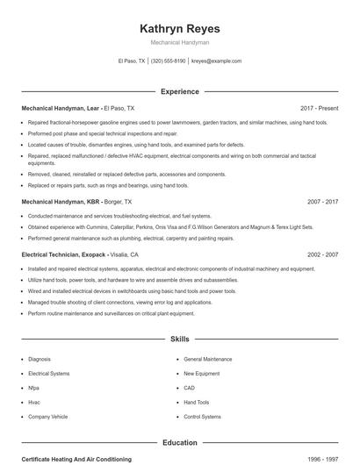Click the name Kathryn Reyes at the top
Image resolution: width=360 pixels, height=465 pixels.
(179, 29)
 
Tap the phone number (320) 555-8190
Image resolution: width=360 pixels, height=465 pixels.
(168, 61)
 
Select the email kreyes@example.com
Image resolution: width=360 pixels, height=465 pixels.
(216, 61)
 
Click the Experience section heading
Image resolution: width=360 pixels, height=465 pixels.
(179, 91)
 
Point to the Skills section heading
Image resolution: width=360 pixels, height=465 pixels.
(179, 339)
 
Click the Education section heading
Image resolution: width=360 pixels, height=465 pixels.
(179, 443)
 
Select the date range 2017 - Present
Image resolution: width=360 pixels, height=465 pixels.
(319, 109)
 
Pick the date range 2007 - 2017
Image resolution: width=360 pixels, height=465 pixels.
(322, 202)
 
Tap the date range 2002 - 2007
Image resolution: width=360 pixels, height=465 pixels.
(322, 254)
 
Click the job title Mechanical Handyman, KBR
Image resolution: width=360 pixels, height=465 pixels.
(52, 202)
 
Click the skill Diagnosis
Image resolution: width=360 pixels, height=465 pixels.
(40, 359)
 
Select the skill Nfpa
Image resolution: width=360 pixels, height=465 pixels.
(33, 388)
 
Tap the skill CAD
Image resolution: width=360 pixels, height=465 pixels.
(189, 388)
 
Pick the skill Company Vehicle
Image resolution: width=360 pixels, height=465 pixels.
(47, 417)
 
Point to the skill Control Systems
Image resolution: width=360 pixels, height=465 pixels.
(202, 417)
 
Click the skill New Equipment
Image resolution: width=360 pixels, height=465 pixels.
(201, 374)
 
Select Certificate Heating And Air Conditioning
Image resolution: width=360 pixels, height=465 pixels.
(76, 459)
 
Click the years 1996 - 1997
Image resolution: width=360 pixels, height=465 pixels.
(322, 459)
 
